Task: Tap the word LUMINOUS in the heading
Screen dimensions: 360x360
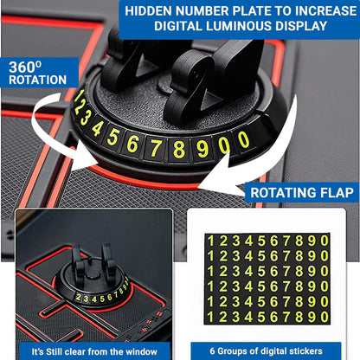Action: tap(244, 26)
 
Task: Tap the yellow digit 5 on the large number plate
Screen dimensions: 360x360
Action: tap(112, 137)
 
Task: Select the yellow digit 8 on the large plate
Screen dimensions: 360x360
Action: tap(179, 147)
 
